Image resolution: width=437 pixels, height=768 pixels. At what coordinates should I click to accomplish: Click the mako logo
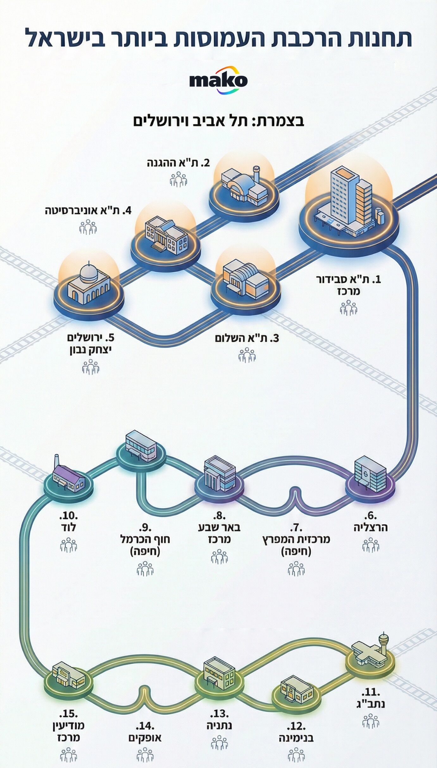click(218, 80)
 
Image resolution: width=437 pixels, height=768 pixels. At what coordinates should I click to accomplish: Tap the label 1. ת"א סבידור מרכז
click(349, 285)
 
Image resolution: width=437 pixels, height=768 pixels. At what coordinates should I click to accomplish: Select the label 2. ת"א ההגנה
click(178, 163)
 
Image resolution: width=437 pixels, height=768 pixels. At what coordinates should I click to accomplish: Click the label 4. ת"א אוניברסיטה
click(88, 211)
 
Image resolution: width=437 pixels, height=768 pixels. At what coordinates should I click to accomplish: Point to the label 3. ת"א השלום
click(247, 338)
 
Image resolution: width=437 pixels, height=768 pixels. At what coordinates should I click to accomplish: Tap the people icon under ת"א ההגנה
click(178, 179)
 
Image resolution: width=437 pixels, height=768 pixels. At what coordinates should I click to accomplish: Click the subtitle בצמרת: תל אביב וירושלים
click(218, 121)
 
